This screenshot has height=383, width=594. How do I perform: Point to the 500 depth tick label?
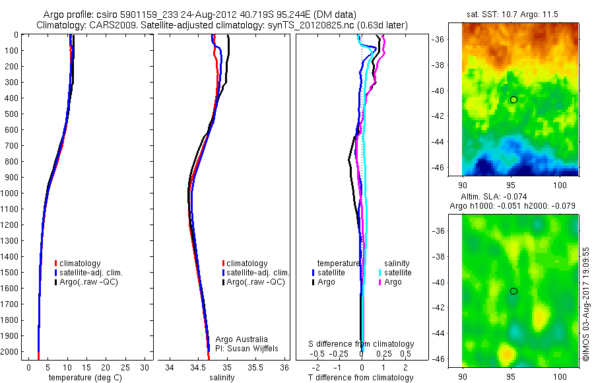11,114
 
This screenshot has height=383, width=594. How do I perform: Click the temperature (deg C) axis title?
82,378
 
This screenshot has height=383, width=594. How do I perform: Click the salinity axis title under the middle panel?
222,378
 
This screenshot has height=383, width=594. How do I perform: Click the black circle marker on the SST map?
513,99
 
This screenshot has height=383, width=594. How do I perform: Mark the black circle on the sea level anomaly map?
513,291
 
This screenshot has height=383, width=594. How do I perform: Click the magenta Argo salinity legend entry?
393,282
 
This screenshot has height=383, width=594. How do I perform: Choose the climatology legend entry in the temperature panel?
82,263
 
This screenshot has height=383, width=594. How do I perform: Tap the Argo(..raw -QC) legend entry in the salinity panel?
255,282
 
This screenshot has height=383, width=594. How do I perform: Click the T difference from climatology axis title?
362,378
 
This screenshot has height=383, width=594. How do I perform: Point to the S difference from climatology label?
362,344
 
